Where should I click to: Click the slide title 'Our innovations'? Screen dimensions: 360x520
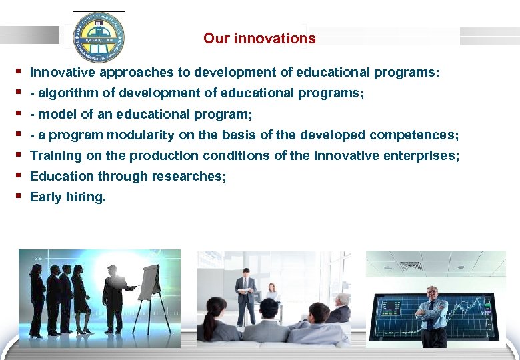click(259, 39)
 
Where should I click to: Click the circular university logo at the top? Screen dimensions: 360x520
click(99, 37)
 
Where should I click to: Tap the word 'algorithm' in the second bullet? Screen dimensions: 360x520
click(63, 93)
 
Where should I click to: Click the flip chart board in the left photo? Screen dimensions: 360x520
click(152, 280)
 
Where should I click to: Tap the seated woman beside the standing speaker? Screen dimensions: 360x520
click(271, 297)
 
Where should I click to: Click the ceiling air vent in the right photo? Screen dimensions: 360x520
click(409, 265)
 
